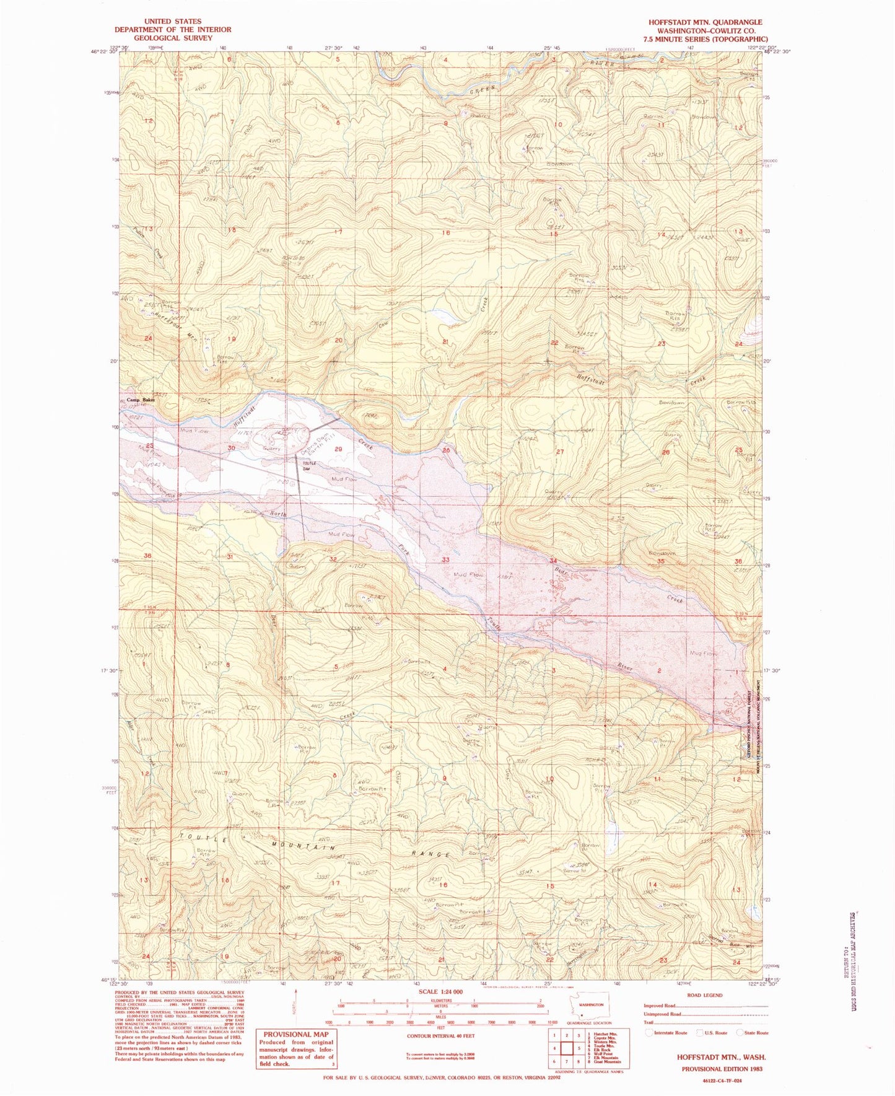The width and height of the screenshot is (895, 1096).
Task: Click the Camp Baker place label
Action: (141, 400)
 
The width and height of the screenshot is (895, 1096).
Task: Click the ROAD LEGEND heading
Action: (704, 996)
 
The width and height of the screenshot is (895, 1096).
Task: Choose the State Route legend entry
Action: (752, 1033)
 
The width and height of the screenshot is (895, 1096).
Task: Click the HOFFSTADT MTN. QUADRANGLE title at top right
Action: (705, 22)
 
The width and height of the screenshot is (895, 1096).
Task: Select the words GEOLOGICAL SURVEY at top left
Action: (172, 38)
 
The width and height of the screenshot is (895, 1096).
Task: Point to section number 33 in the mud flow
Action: (445, 559)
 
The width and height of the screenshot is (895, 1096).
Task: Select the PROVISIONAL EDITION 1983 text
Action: (722, 1069)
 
